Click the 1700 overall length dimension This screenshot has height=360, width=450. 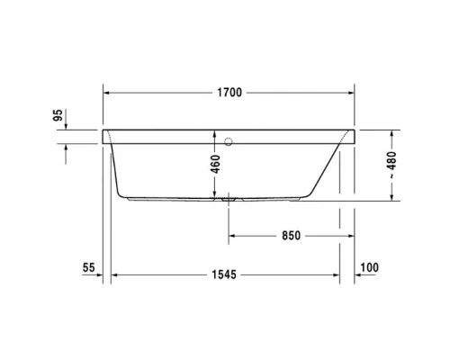(x=229, y=92)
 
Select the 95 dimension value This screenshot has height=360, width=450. (x=82, y=115)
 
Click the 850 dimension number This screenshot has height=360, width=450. (x=289, y=236)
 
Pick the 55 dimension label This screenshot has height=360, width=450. (x=87, y=267)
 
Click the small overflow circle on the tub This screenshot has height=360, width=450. (x=229, y=140)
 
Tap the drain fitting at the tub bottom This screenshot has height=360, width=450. (x=229, y=196)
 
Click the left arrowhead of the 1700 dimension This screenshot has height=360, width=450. (x=109, y=92)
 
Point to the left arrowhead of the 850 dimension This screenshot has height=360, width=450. (x=233, y=236)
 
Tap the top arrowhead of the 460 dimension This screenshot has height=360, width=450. (x=216, y=133)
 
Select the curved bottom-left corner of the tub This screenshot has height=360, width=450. (x=122, y=192)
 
